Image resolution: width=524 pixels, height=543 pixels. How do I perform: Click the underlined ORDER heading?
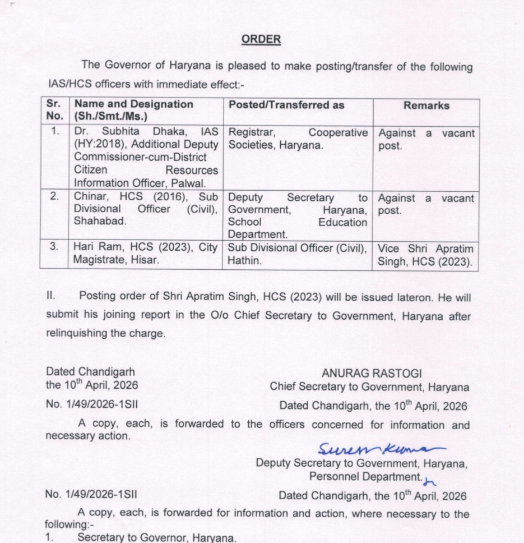click(x=261, y=39)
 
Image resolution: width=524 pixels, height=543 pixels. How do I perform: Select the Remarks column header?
click(x=426, y=105)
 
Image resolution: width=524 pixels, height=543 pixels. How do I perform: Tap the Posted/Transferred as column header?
click(x=286, y=105)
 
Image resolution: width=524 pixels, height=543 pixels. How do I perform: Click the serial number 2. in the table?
click(x=54, y=197)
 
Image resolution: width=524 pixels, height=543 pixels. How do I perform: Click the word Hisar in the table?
click(x=146, y=260)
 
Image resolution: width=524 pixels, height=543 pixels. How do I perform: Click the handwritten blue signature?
click(x=381, y=449)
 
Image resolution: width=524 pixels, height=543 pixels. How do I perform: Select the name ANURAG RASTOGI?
click(x=372, y=373)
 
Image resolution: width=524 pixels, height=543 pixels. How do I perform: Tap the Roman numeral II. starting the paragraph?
click(x=51, y=295)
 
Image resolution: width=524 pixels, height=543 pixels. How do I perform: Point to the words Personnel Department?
click(x=364, y=476)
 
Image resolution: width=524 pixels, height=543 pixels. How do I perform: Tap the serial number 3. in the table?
click(x=54, y=246)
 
